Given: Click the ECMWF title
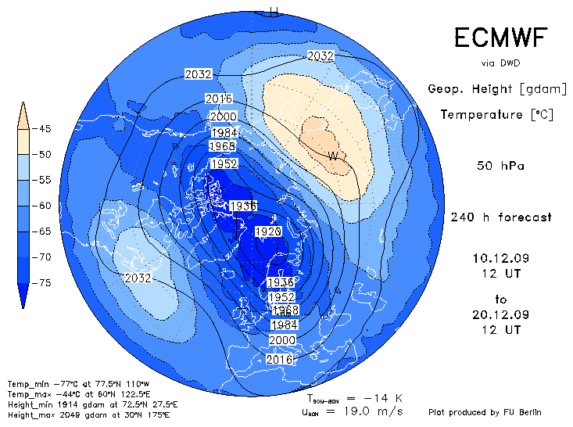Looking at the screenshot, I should coord(500,38).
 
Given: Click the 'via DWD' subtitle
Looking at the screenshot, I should coord(500,63).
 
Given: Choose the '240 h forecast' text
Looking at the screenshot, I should coord(501,217).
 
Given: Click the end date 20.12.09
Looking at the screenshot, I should coord(500,315).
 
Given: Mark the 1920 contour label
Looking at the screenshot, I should coord(268,232).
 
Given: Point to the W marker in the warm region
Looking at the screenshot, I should coord(333,156).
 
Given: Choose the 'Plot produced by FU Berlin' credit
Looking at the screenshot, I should coord(485,412).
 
